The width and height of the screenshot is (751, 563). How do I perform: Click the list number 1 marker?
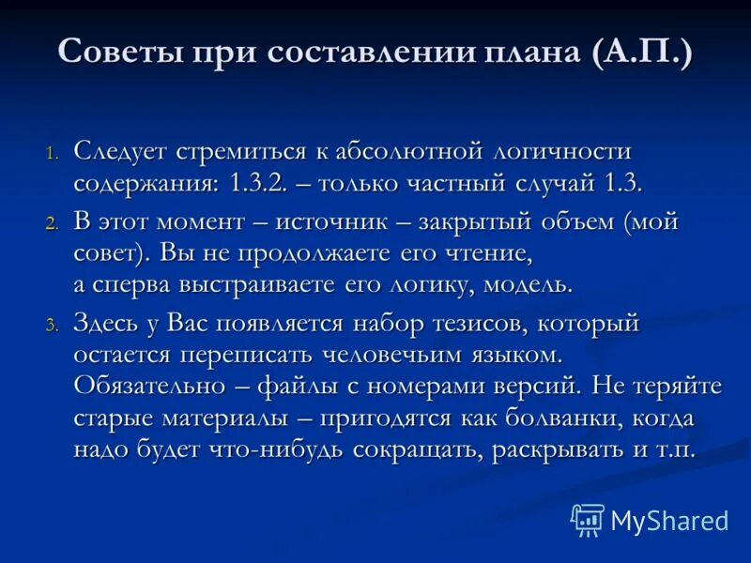53,153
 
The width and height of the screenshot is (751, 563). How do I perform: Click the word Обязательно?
149,387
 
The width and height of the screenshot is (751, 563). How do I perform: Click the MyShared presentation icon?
588,519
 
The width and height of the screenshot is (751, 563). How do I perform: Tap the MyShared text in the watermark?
668,520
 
